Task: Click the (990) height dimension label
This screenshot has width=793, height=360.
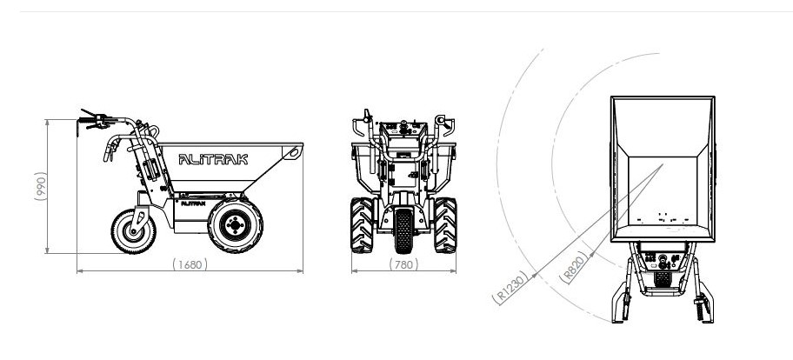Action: [41, 186]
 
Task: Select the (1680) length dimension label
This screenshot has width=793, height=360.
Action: [190, 264]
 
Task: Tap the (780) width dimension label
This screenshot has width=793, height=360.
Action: [403, 264]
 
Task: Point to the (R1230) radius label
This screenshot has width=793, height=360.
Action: [510, 288]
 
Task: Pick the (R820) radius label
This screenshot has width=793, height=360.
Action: [574, 267]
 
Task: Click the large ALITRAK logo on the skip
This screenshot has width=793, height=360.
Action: [213, 160]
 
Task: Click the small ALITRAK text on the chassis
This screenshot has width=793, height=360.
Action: [193, 203]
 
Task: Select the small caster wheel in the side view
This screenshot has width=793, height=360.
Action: [134, 232]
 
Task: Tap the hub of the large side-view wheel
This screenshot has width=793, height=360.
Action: [235, 224]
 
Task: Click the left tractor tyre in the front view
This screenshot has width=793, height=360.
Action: [362, 225]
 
